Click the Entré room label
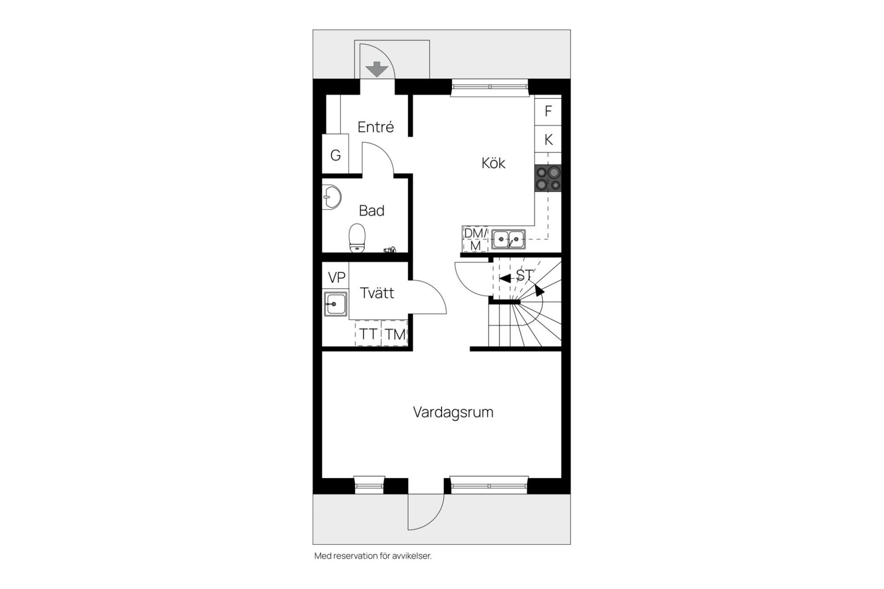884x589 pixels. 376,127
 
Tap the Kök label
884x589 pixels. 493,163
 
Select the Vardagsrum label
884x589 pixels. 453,412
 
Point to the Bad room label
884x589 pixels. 371,210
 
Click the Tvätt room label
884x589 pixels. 377,293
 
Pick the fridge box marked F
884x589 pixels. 548,111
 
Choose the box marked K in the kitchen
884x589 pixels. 548,139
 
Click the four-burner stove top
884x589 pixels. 548,178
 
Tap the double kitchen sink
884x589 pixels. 508,239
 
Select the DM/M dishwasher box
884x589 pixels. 475,239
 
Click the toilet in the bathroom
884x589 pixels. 357,238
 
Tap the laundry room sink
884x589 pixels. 335,304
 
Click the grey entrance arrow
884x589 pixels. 377,69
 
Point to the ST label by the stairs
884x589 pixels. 525,275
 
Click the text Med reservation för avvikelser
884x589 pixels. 373,556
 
